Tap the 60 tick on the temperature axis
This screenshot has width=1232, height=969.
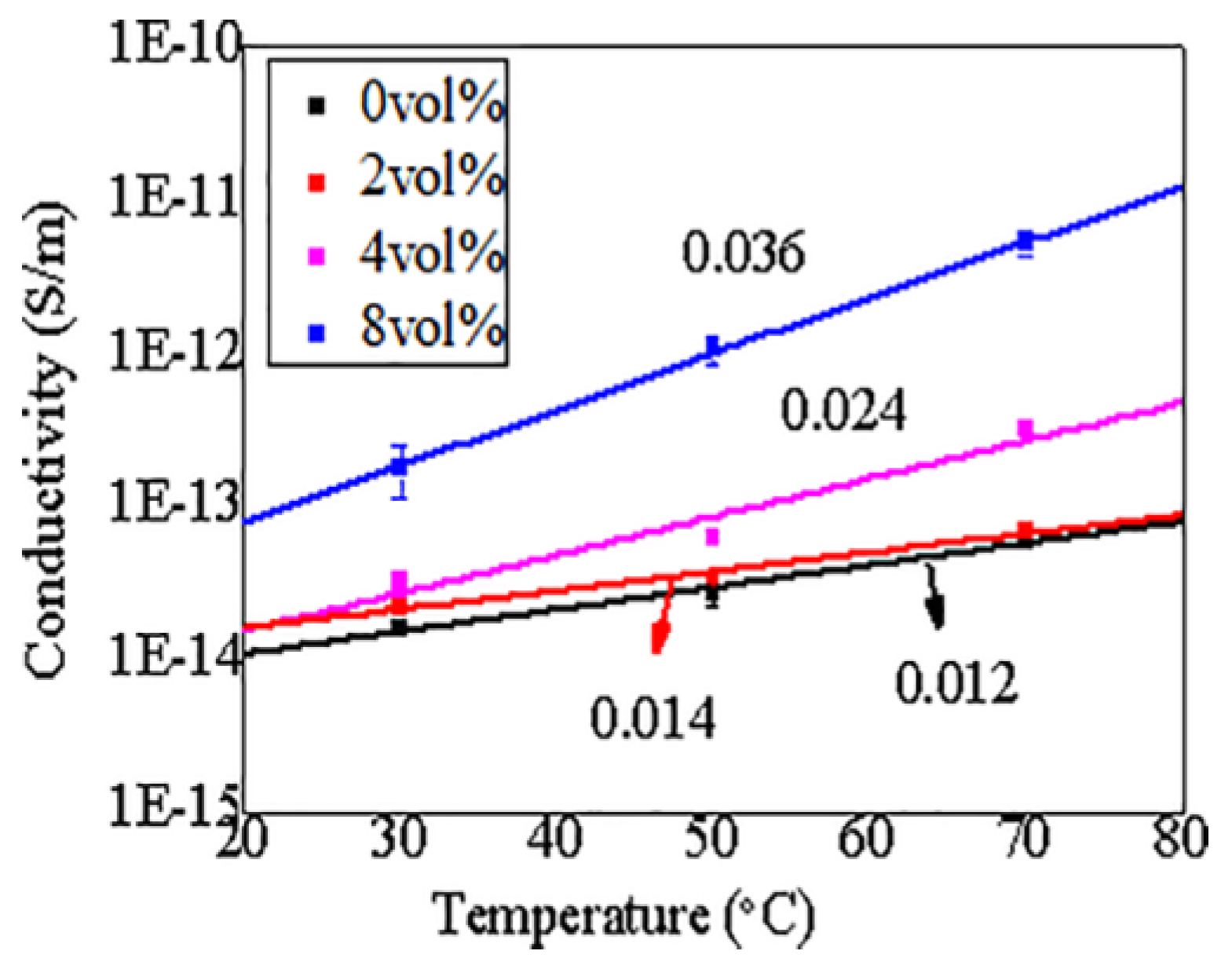click(865, 838)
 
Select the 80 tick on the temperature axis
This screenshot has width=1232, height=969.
click(1179, 838)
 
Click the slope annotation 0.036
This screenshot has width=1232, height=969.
click(743, 253)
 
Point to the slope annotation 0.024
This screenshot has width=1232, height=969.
click(843, 411)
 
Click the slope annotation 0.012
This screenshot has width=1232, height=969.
click(956, 682)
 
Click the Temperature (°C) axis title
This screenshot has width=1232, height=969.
click(625, 916)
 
